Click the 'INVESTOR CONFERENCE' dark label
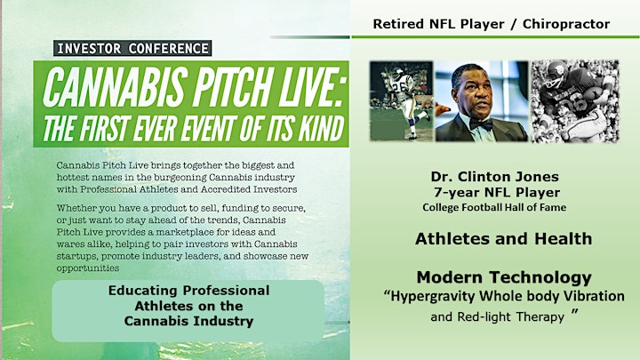(x=132, y=48)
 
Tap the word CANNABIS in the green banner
(x=116, y=87)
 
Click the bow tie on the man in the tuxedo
(x=480, y=124)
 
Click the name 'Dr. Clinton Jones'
(x=495, y=177)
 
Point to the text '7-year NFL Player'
(x=497, y=192)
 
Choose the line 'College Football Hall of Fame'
(x=494, y=207)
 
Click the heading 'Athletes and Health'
(x=504, y=239)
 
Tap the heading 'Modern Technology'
(x=504, y=277)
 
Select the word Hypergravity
(x=433, y=296)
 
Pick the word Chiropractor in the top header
(x=566, y=24)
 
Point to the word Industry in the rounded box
(x=223, y=321)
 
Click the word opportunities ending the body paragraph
(x=88, y=268)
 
